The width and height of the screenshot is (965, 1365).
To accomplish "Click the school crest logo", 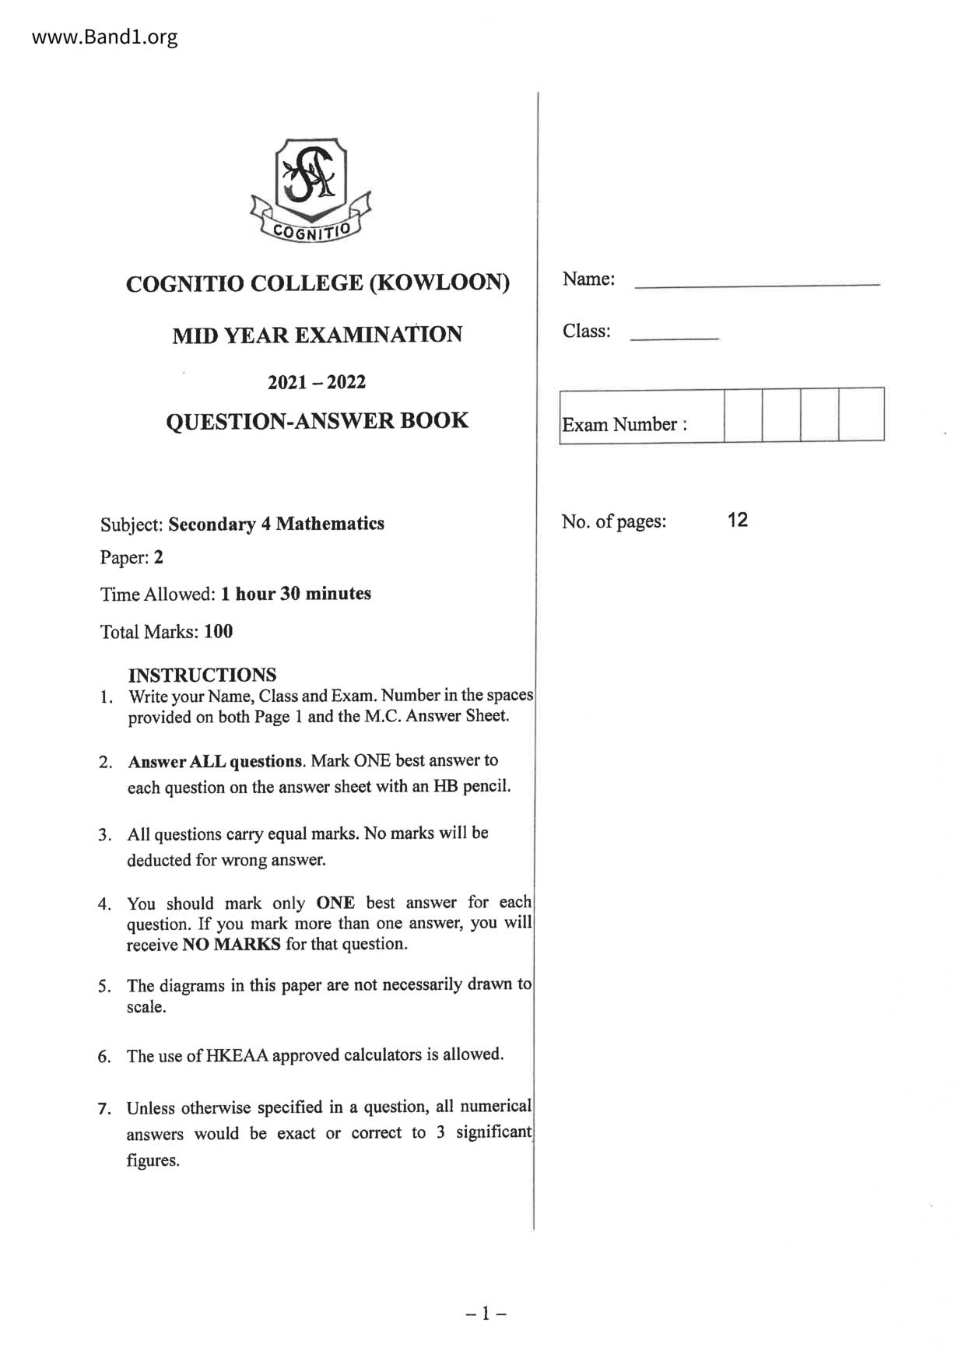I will [x=311, y=190].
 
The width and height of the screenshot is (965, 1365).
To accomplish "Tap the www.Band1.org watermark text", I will [x=105, y=37].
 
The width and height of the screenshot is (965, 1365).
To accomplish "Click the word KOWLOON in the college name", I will [x=439, y=282].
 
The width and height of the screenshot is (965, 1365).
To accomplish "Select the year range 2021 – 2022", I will [x=317, y=382].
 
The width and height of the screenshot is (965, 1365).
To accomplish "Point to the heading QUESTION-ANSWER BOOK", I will [x=318, y=421].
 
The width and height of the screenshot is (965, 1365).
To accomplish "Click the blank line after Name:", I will [x=757, y=284].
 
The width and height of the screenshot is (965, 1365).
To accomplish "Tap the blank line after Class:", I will [x=674, y=338].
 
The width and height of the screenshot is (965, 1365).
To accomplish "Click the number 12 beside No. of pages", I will [x=737, y=520].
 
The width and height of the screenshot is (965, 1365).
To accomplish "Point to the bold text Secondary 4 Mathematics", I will [x=276, y=524].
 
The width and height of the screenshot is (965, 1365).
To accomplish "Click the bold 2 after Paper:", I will [x=159, y=557].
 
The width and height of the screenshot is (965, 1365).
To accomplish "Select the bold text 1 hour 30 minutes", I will [x=296, y=594].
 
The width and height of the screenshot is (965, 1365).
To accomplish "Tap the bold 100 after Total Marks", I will [x=219, y=631].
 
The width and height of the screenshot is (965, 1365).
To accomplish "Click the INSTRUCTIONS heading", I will [x=202, y=675].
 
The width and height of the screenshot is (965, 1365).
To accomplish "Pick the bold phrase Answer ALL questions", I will [x=216, y=761].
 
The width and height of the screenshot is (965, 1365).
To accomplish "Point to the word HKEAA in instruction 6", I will [x=237, y=1056].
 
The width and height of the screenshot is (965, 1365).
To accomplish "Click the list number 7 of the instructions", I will [x=104, y=1109].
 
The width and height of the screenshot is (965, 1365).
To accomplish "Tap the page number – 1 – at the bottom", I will [x=486, y=1314].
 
